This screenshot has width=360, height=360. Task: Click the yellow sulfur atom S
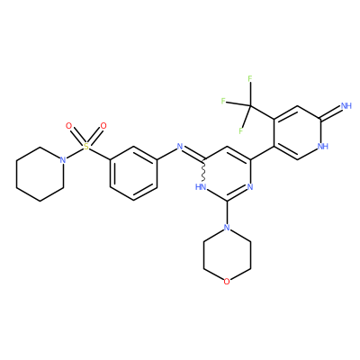(x=86, y=147)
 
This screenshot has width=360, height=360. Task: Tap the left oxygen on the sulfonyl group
(x=69, y=126)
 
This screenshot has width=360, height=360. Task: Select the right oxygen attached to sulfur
(x=103, y=126)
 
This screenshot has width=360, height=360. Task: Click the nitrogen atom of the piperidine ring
(x=63, y=160)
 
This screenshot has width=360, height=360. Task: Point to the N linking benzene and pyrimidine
(x=180, y=147)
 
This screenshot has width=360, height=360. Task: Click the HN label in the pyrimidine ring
(x=201, y=187)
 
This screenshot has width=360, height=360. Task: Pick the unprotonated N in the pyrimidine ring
(x=250, y=187)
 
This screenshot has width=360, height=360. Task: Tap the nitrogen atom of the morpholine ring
(x=227, y=228)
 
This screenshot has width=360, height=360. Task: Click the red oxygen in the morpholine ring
(x=227, y=282)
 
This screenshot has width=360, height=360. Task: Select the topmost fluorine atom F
(x=250, y=79)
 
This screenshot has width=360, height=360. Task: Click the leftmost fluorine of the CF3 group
(x=223, y=101)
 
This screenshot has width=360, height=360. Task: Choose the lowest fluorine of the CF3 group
(x=240, y=131)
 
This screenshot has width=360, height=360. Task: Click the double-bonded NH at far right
(x=346, y=105)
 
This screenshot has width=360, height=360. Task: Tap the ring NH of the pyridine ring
(x=322, y=147)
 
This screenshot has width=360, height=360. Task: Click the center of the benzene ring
(x=133, y=174)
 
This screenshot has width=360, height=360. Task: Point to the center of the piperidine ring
(x=40, y=174)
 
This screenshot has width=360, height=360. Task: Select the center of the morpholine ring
(x=227, y=255)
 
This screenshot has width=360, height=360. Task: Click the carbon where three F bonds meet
(x=250, y=105)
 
